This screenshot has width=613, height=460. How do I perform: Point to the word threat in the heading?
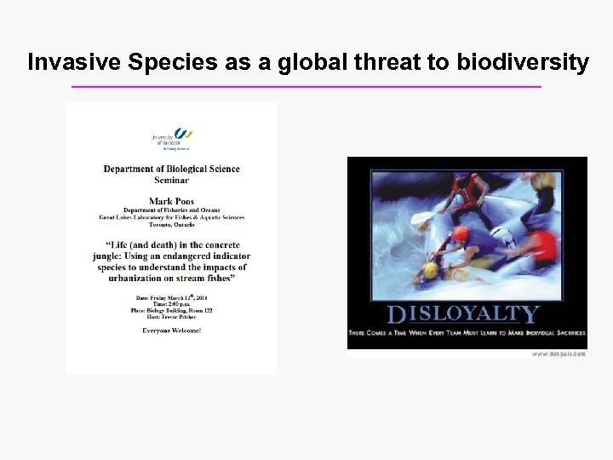tap(393, 62)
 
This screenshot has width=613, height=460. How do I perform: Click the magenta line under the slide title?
tap(306, 87)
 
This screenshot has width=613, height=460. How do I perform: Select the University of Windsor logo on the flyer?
tap(172, 138)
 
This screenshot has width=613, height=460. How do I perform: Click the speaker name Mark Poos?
tap(172, 202)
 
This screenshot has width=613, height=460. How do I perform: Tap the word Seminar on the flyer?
tap(172, 180)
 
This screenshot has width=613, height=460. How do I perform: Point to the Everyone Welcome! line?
tap(172, 330)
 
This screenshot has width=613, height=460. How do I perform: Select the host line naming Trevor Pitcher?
tap(172, 318)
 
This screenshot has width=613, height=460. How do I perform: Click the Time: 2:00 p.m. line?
tap(172, 304)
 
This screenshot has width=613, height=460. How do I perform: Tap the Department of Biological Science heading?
tap(172, 169)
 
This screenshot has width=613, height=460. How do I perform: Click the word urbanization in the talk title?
tap(140, 279)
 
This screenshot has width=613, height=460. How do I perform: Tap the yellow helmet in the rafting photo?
tap(431, 270)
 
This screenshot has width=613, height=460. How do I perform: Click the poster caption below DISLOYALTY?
tap(466, 331)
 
